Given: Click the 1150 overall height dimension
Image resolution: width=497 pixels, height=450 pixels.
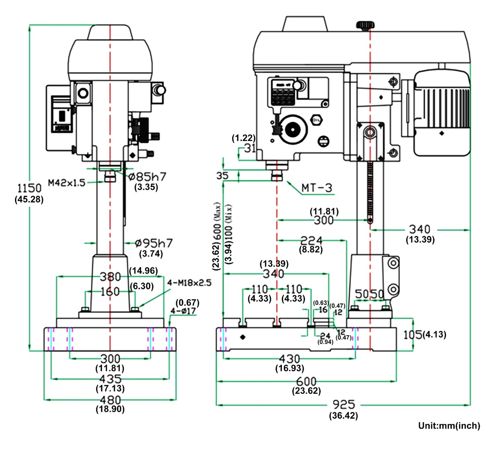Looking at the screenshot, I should click(29, 188).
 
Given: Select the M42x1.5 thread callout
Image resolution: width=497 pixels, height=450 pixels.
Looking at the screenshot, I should click(66, 183).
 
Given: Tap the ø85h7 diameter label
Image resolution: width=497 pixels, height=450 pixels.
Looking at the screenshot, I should click(147, 177).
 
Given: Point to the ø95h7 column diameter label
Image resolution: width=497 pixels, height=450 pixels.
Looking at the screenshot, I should click(153, 243).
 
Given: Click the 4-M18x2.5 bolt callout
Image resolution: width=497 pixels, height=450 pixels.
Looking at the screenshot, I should click(189, 283).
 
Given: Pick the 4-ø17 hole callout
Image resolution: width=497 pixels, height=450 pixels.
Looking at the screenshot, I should click(183, 311).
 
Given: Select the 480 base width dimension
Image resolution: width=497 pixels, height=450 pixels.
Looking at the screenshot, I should click(110, 400).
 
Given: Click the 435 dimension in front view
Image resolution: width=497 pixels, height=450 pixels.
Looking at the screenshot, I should click(110, 379).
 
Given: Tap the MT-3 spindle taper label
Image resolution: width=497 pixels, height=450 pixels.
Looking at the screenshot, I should click(317, 188).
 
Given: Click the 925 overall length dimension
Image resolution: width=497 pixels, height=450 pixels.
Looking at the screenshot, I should click(343, 404).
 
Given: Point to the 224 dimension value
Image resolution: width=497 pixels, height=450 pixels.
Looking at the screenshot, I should click(311, 240).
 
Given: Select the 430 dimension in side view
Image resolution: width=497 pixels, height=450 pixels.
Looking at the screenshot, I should click(290, 359).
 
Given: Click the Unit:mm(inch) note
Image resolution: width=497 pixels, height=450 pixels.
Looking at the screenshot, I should click(449, 426).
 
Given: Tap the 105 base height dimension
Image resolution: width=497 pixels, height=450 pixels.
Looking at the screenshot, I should click(413, 335).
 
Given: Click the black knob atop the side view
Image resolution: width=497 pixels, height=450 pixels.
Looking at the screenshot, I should click(365, 25).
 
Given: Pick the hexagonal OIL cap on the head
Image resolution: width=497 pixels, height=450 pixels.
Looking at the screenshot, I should click(316, 120).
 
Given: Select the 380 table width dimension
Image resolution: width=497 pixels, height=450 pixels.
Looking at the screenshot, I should click(110, 277).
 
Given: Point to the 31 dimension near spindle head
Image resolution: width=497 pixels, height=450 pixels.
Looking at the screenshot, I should click(250, 148).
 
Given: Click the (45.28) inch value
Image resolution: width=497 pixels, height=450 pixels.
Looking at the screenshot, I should click(29, 199).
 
